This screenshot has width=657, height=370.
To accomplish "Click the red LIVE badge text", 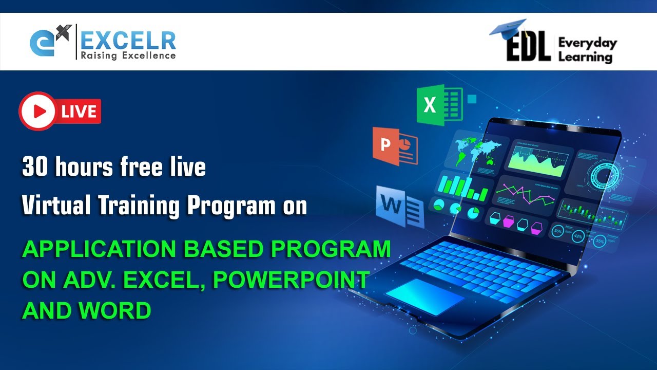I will (x=79, y=112).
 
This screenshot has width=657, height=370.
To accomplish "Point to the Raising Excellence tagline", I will (x=128, y=55).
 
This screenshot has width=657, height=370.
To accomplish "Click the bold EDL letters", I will (x=528, y=49).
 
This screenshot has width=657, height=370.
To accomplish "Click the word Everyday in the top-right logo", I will (x=587, y=43).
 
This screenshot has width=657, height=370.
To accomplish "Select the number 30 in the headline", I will (x=33, y=168).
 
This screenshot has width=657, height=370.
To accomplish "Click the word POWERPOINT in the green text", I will (x=291, y=280).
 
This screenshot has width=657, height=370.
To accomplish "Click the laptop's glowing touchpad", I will (x=424, y=297).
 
